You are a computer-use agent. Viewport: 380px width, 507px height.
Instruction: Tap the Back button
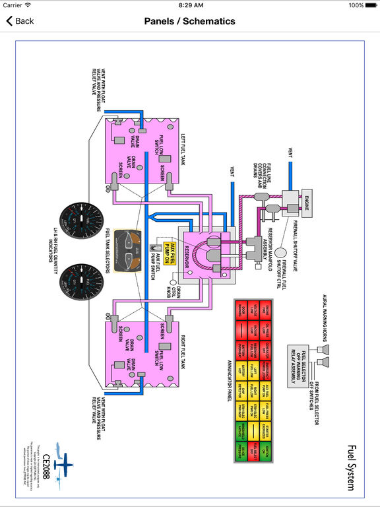tap(20, 21)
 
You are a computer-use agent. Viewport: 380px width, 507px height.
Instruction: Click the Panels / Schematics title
tap(190, 21)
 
